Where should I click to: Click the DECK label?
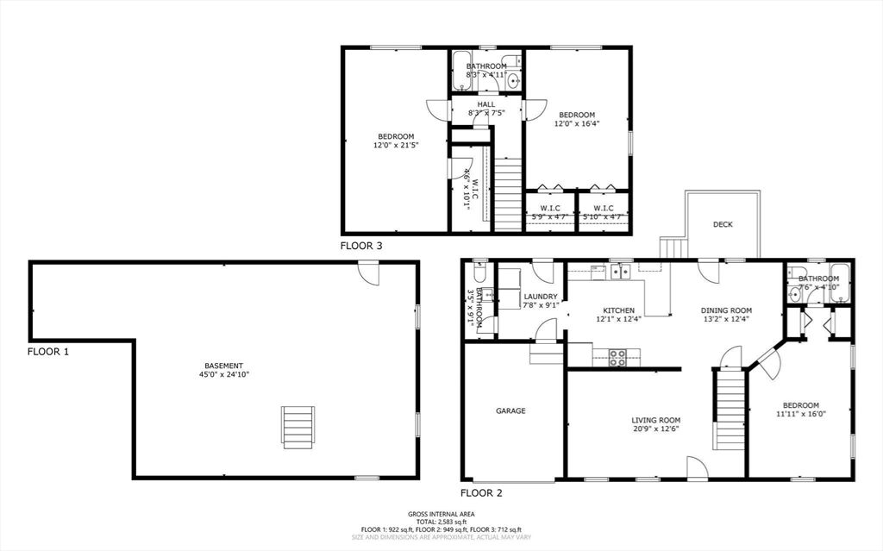coord(723,224)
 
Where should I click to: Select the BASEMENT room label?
coord(223,366)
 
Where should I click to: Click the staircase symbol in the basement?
coord(298,426)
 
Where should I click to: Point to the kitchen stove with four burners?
coord(617,358)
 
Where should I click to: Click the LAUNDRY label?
coord(541,297)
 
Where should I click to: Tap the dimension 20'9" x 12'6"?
coord(655,429)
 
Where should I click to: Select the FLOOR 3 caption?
coord(361,246)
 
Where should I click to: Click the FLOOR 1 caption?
coord(48,352)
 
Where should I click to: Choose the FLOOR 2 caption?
coord(481,493)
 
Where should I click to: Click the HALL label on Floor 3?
coord(485,104)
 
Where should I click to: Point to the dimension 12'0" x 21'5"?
coord(396,146)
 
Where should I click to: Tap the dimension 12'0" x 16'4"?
coord(577,123)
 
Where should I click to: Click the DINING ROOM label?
coord(728,310)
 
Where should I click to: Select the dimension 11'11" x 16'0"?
coord(800,414)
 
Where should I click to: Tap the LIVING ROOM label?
coord(656,420)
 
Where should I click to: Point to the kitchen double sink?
coord(619,273)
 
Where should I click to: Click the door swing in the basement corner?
coord(369,273)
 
